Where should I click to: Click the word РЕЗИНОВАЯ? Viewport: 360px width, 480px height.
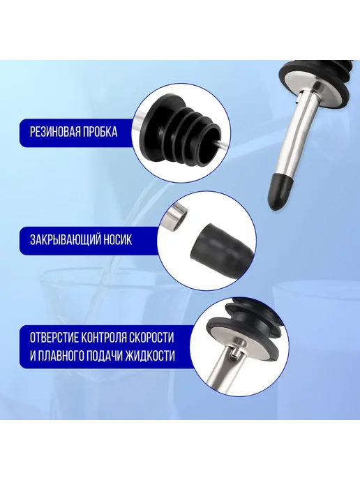52,132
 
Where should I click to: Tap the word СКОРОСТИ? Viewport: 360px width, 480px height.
152,338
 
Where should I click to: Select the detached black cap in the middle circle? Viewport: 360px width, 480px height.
222,244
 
